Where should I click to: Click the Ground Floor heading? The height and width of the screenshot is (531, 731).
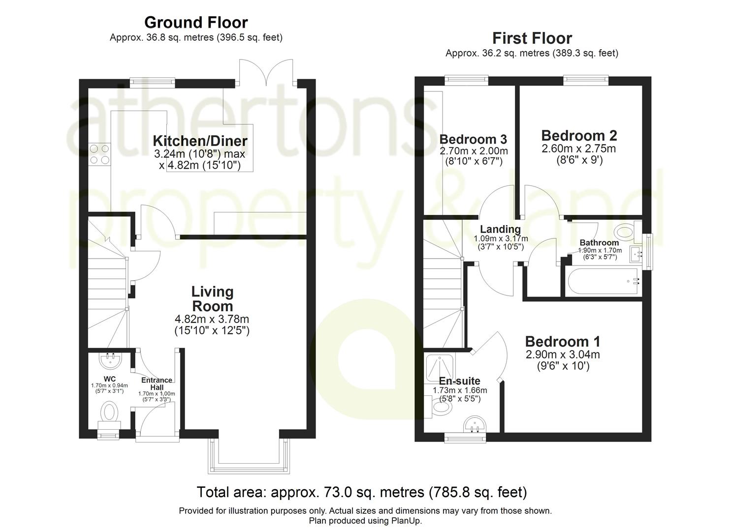coord(196,23)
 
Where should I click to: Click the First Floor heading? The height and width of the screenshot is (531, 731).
coord(532,38)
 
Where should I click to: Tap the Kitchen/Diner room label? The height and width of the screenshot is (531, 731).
coord(200,141)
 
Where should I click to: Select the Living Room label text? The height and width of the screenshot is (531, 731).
coord(212,298)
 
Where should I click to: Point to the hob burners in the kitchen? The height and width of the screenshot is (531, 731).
coord(99,154)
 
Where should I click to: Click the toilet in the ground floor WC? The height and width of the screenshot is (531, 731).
coord(109,412)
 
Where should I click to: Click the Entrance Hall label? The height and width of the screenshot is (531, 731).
coord(157,383)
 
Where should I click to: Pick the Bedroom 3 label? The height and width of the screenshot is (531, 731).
coord(473,139)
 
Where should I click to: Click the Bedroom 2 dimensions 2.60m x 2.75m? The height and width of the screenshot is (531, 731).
coord(579,149)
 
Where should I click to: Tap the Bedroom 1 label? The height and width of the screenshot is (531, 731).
coord(563,342)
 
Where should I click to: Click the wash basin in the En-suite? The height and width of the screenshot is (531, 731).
coord(475,424)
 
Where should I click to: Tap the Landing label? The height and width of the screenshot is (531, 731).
coord(500,229)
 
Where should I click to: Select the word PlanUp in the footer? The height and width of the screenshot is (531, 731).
coord(406,521)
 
